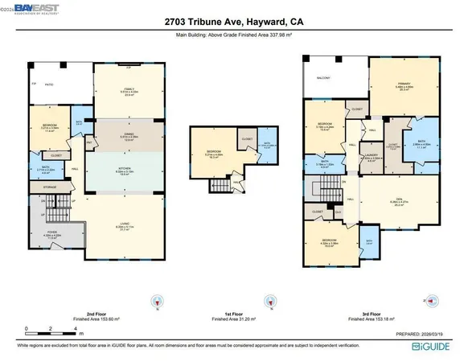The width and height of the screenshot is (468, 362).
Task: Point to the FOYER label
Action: tap(51, 233)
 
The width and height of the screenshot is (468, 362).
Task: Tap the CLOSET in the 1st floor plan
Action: tap(246, 138)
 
